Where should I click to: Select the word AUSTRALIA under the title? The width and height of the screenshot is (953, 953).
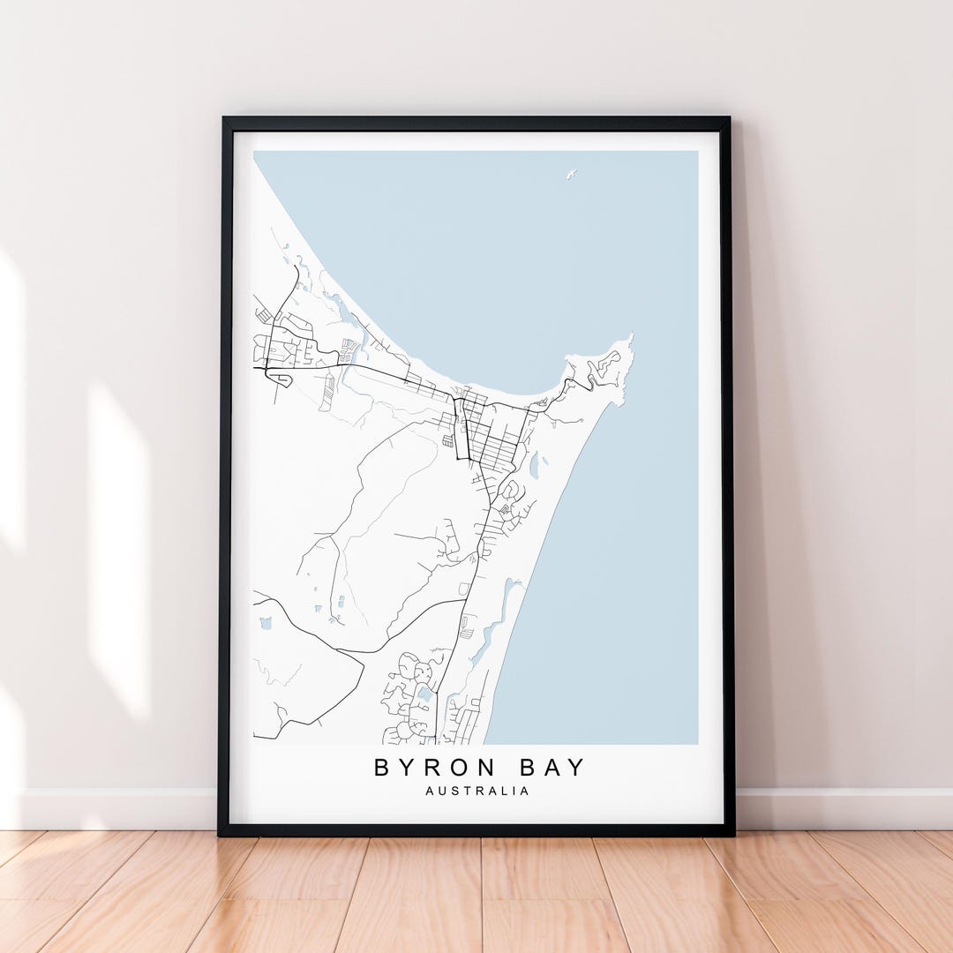click(477, 792)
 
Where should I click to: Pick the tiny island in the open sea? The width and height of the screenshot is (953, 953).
click(571, 174)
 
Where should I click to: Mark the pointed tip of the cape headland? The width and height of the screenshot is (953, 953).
click(630, 337)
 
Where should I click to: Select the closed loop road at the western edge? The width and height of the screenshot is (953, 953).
click(280, 379)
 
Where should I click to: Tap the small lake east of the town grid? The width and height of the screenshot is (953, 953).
click(533, 464)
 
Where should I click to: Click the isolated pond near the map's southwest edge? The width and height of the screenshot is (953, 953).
click(265, 623)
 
